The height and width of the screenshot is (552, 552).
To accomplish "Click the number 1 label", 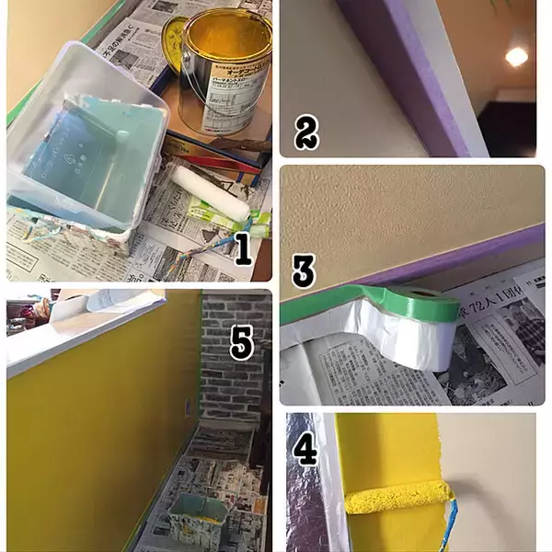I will click(x=242, y=249).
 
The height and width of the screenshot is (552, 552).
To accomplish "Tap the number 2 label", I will click(x=306, y=133).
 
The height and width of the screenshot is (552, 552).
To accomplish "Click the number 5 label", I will click(x=242, y=342).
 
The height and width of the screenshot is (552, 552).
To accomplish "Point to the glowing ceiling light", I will click(x=517, y=56).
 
